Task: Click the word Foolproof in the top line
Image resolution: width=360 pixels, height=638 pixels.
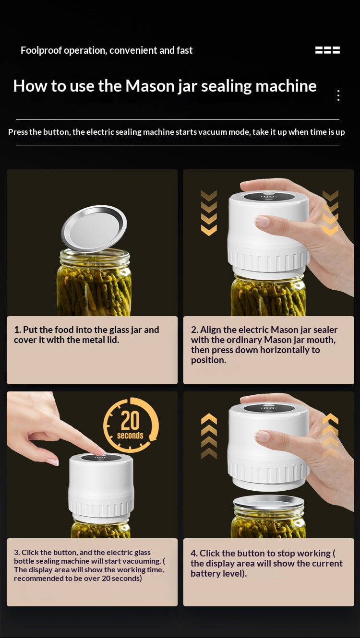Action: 41,50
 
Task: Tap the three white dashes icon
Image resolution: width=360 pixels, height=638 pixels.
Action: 327,50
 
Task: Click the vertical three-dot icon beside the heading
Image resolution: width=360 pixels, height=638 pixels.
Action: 338,95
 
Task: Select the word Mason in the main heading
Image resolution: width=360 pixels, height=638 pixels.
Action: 150,86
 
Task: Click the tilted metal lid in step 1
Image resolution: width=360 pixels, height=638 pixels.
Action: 94,228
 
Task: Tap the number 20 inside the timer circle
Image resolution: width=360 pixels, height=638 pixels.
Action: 130,420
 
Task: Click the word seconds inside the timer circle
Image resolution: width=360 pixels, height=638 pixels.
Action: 130,436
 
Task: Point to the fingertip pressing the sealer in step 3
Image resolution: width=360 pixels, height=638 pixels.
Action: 102,452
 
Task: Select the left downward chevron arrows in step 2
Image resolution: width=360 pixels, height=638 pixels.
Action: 209,213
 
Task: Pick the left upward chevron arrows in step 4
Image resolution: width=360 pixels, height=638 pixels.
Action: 209,436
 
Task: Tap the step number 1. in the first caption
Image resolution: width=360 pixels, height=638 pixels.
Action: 17,330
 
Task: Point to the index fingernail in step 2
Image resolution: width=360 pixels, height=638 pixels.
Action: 262,222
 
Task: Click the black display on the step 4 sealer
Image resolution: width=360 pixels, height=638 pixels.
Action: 269,408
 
